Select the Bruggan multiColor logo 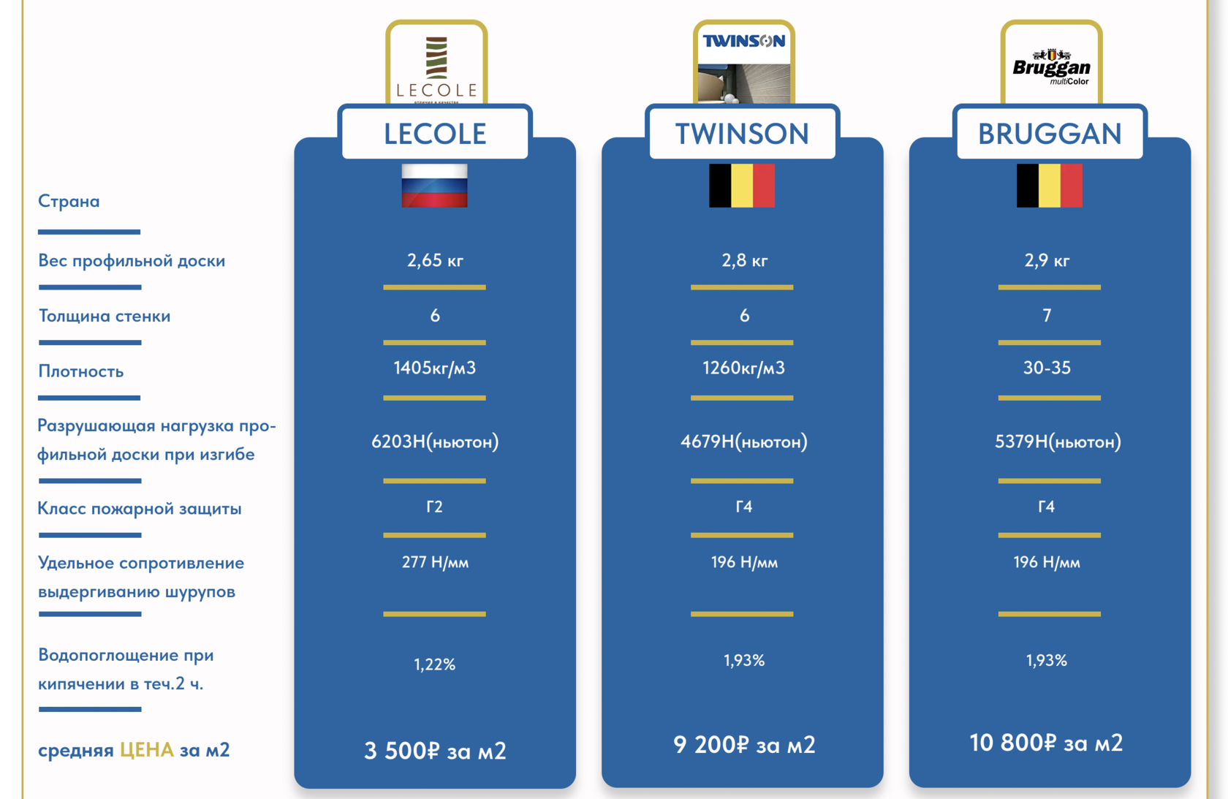(1051, 66)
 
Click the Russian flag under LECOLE (434, 186)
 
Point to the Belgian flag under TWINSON (742, 186)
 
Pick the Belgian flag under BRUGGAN (1049, 186)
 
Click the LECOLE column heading (435, 134)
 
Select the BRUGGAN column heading (1050, 134)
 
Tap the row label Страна (69, 201)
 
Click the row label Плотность (81, 371)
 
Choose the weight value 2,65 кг (435, 260)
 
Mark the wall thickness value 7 (1047, 316)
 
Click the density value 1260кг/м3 (743, 368)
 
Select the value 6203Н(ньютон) (435, 442)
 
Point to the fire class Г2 (434, 507)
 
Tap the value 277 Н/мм (435, 562)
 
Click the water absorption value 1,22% (435, 664)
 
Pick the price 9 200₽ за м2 (744, 745)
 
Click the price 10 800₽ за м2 (1046, 743)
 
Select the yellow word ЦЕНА (147, 750)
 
